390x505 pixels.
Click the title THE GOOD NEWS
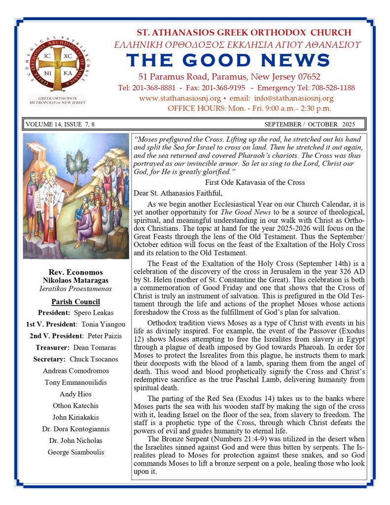(228, 60)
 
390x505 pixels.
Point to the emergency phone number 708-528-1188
(330, 88)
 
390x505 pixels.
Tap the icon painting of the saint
(76, 196)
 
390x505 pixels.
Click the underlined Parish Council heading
(76, 302)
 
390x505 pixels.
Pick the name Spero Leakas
(94, 313)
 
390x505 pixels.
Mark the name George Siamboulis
(76, 452)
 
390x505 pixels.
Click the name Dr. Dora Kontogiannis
(76, 429)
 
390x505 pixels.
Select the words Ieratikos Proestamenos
(76, 289)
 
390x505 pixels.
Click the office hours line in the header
(249, 108)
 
